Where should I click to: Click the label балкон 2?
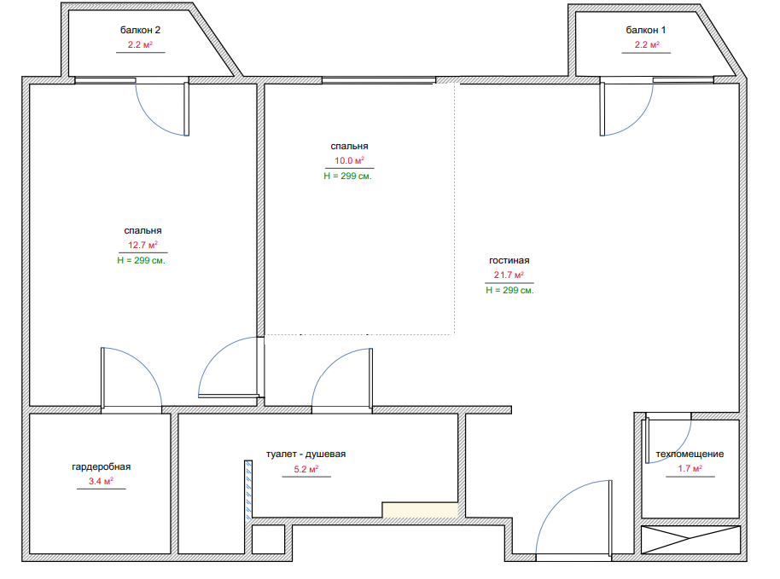pos(140,30)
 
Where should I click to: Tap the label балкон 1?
pos(646,30)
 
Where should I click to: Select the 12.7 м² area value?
pos(143,245)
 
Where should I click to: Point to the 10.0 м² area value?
pos(349,160)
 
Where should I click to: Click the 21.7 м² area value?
pos(509,275)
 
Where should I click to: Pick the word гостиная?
pos(509,260)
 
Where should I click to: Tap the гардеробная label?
pos(101,466)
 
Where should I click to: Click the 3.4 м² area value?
pos(101,481)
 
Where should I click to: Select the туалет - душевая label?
pos(306,454)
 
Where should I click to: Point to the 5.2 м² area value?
pos(306,469)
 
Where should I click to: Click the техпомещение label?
pos(690,454)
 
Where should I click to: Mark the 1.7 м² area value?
pos(690,468)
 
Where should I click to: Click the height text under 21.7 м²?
pos(509,290)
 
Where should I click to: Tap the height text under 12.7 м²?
pos(142,260)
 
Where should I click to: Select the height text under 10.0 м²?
pos(347,176)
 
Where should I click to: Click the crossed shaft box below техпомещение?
pos(691,540)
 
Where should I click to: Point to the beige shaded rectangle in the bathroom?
pos(420,510)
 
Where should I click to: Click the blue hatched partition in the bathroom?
pos(248,490)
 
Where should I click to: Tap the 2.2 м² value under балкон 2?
pos(140,44)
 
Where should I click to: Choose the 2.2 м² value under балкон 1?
pos(647,44)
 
